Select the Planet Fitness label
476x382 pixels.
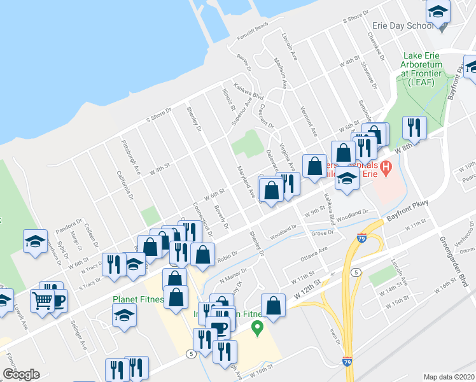(138, 299)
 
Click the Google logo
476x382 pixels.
(22, 374)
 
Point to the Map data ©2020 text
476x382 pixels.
(449, 377)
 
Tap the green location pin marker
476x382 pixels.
(258, 329)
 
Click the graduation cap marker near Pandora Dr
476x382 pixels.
(35, 241)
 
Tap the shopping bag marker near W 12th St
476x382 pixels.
(273, 306)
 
